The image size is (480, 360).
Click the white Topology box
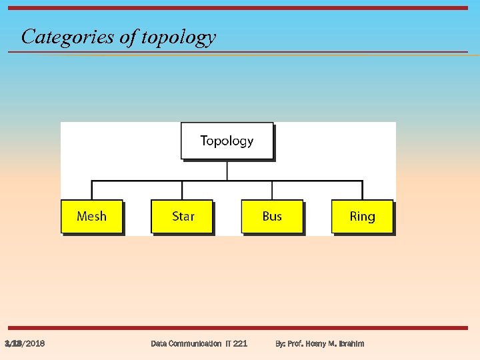pos(227,141)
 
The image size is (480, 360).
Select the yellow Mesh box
pos(91,217)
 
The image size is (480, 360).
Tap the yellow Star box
pos(182,217)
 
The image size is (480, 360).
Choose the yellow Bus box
pos(272,217)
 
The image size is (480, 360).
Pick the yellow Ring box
pos(362,217)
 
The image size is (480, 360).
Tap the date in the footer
pos(25,343)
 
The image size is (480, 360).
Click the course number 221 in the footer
pos(240,343)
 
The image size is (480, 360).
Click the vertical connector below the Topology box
pos(227,171)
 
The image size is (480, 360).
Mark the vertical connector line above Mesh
pos(92,190)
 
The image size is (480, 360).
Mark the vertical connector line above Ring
pos(362,190)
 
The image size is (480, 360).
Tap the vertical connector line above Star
pos(182,190)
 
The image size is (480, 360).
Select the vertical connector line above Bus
pos(272,190)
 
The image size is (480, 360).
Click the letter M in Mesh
pos(82,217)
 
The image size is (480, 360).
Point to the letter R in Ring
pos(353,217)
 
